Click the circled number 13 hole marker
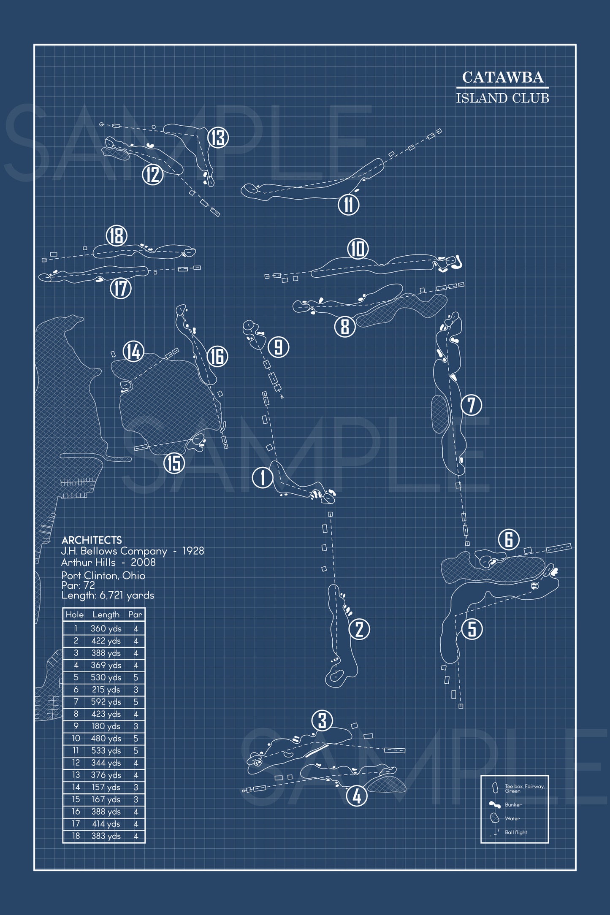(218, 138)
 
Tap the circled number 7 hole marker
(471, 405)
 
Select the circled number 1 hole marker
(262, 478)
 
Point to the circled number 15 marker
(174, 463)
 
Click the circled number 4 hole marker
(357, 796)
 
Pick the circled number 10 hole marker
(358, 249)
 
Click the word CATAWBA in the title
(502, 77)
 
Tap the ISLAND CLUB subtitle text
(502, 98)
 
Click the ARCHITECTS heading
(92, 540)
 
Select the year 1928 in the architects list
(193, 551)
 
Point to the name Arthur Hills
(88, 562)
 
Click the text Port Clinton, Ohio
(103, 575)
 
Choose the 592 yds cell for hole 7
(106, 702)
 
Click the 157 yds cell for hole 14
(106, 787)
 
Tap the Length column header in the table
(106, 615)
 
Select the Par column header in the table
(136, 615)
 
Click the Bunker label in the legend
(513, 805)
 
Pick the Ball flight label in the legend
(516, 832)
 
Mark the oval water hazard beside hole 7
(439, 414)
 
